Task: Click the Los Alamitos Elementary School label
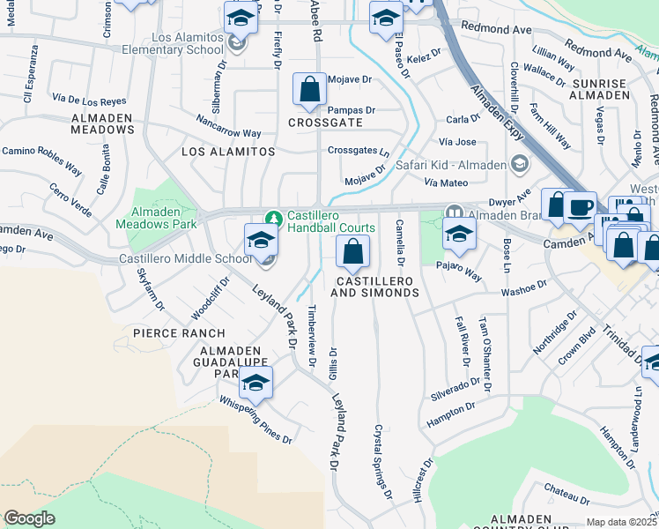click(188, 44)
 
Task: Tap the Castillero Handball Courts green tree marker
click(274, 217)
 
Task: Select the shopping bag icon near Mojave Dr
click(309, 89)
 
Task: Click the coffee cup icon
click(580, 207)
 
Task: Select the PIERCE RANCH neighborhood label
click(178, 333)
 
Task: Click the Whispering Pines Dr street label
click(256, 418)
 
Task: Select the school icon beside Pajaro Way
click(459, 234)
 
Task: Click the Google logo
click(29, 518)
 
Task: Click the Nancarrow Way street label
click(229, 127)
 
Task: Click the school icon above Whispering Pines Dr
click(255, 383)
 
